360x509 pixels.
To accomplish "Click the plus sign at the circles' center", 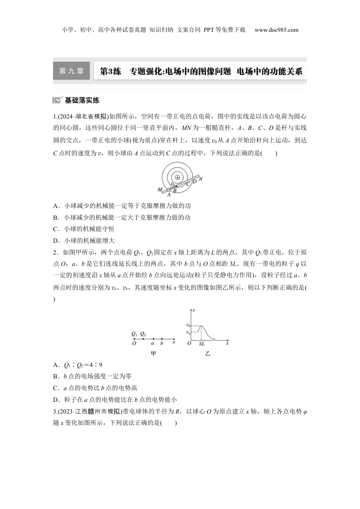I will pos(177,177).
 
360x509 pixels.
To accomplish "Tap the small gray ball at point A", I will pos(169,190).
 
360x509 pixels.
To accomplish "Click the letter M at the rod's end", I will pos(160,189).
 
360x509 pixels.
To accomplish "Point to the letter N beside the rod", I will pos(201,179).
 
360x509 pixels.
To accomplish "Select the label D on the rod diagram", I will pos(194,182).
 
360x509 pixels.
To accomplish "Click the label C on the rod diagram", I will pos(188,184).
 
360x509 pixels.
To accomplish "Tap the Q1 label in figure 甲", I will pos(134,334).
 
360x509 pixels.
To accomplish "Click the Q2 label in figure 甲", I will pos(143,334).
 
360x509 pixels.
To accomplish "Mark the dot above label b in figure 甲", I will pos(162,339).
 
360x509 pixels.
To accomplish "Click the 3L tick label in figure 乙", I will pos(202,344).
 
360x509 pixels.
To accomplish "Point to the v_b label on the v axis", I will pos(188,325).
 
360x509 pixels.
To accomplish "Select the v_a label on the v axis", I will pos(188,332).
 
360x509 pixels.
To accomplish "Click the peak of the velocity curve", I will pos(201,325).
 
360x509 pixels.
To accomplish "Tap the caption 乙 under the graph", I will pos(208,354).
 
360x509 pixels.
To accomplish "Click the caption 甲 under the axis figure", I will pos(153,354).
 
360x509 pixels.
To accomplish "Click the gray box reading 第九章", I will pos(71,71).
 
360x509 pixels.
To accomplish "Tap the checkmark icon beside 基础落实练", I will pos(58,100).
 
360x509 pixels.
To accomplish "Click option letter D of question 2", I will pos(56,400).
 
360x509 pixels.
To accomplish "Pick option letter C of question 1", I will pos(56,229).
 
